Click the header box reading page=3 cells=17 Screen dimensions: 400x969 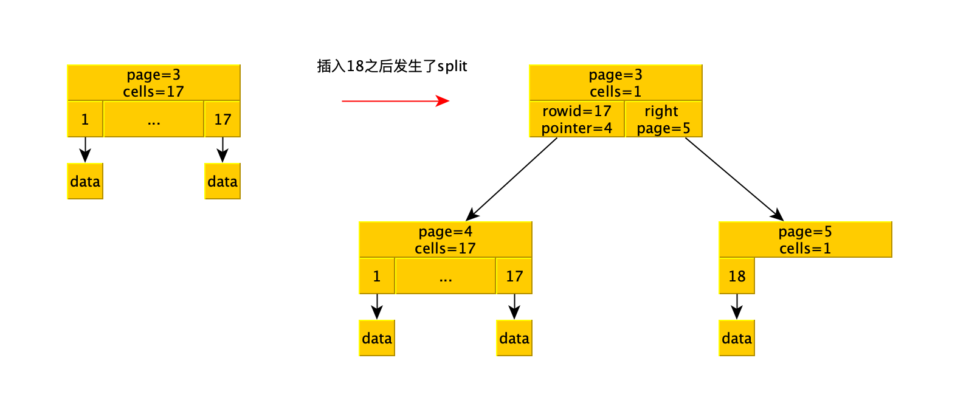(x=154, y=83)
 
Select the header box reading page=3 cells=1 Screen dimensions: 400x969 (x=615, y=83)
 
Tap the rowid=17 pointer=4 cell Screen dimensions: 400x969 (x=576, y=119)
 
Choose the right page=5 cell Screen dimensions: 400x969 (x=663, y=119)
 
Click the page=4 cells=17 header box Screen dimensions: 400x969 (x=445, y=240)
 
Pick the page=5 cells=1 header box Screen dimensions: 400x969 (x=805, y=240)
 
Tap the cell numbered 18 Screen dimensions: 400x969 (x=737, y=276)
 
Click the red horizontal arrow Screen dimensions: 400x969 (x=395, y=101)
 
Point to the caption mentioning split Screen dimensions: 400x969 (x=392, y=66)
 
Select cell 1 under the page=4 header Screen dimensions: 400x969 (x=377, y=276)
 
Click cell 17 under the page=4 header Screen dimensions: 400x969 (x=514, y=276)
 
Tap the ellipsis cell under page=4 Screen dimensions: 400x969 (x=446, y=276)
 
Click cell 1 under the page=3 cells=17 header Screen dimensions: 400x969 (x=85, y=119)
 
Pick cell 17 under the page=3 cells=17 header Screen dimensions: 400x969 (x=222, y=119)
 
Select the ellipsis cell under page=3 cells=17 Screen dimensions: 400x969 (x=154, y=119)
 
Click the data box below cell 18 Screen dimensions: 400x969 (x=737, y=338)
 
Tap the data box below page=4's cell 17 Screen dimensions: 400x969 (x=514, y=338)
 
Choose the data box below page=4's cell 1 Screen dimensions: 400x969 (x=377, y=338)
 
